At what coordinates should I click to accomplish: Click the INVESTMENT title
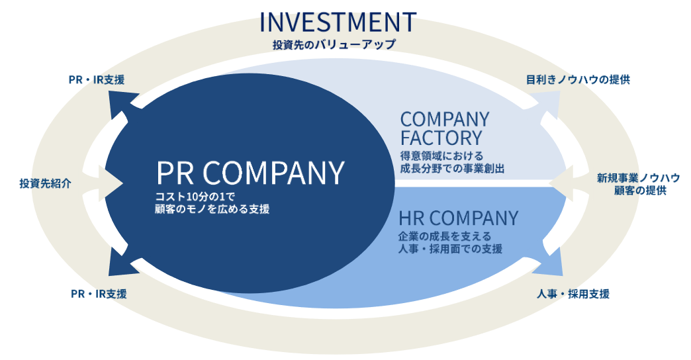pyautogui.click(x=338, y=22)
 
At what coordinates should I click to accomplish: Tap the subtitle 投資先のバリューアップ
pyautogui.click(x=334, y=45)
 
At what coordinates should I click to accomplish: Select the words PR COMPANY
pyautogui.click(x=250, y=173)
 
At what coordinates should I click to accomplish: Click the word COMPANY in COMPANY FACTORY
pyautogui.click(x=444, y=120)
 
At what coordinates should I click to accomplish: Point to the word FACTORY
pyautogui.click(x=441, y=138)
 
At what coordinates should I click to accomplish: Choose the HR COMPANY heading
pyautogui.click(x=458, y=218)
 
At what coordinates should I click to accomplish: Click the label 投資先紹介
pyautogui.click(x=45, y=183)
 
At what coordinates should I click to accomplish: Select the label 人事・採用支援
pyautogui.click(x=573, y=293)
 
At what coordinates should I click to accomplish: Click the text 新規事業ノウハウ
pyautogui.click(x=638, y=177)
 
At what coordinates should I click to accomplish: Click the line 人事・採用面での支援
pyautogui.click(x=451, y=249)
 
